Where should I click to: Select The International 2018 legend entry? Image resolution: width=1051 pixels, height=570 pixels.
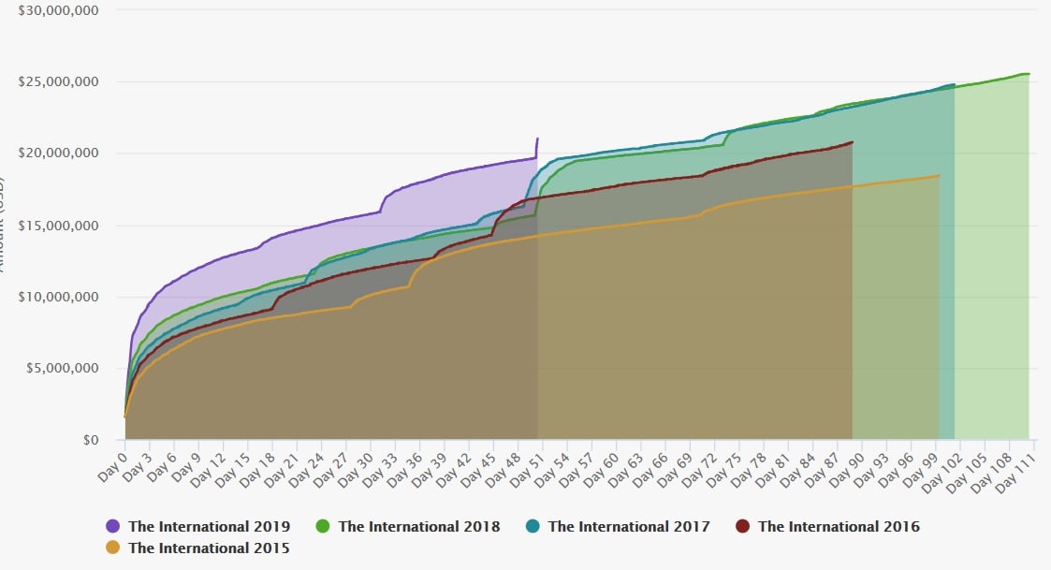(418, 526)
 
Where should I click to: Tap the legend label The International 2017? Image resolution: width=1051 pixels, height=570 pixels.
(629, 526)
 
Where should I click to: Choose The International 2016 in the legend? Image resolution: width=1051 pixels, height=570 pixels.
(839, 526)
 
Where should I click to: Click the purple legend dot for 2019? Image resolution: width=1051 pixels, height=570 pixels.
(113, 526)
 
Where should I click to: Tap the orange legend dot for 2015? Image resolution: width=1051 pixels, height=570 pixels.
(113, 548)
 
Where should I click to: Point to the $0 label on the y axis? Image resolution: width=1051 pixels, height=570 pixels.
(90, 440)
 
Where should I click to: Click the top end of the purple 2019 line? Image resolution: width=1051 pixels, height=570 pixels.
(537, 139)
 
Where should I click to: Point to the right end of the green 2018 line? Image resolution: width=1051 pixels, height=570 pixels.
(1029, 74)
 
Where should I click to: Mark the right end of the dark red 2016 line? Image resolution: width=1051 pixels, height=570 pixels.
(852, 142)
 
